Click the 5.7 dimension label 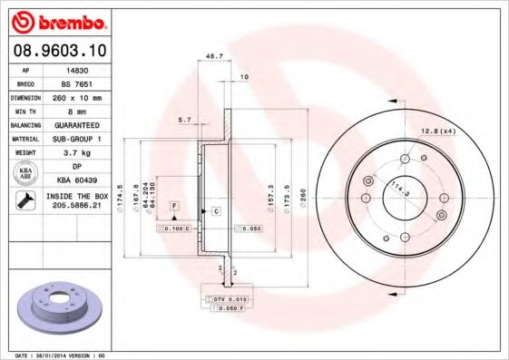[185, 120]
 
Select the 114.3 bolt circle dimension [395, 190]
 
